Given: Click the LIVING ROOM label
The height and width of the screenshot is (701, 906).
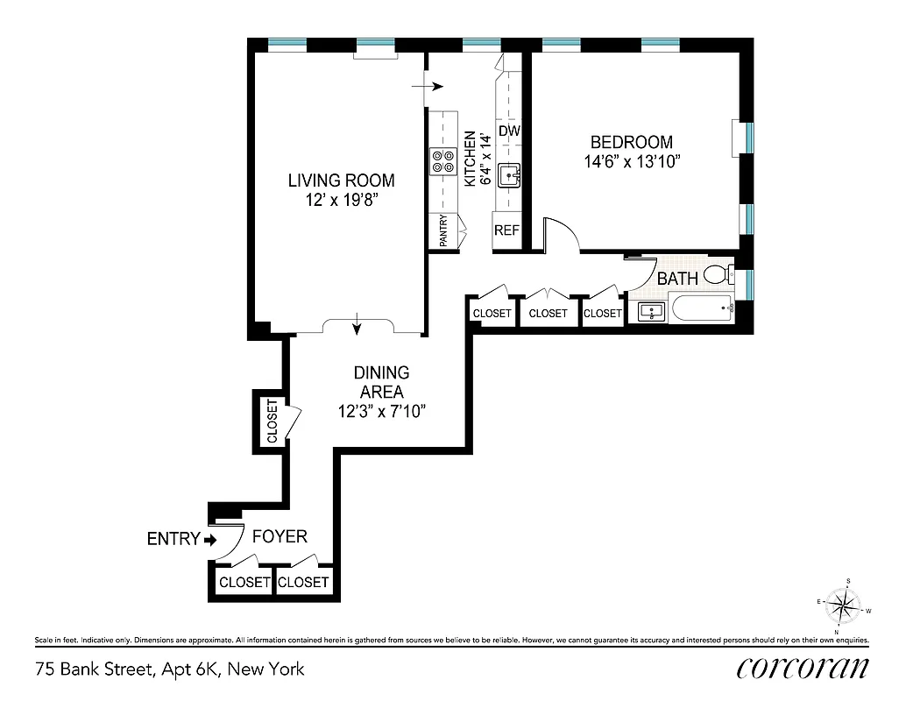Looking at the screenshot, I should coord(342,181).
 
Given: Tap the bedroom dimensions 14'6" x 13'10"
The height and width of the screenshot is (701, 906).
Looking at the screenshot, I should coord(632,161).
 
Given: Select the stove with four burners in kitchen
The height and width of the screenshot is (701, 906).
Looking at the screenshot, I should coord(443,160).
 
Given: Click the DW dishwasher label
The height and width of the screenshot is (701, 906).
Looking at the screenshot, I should coord(509,131).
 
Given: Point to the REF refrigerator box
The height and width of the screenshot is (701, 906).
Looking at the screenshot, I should coord(507,231).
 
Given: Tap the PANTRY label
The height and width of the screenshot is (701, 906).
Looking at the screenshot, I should coord(443,232).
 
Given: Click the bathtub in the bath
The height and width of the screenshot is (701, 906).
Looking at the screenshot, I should coord(701,309).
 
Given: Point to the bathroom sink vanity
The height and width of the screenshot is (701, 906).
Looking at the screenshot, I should coord(649,310).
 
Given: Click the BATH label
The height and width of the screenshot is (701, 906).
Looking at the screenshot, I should coord(678,279).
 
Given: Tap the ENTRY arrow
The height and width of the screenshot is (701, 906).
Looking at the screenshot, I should coord(209,539).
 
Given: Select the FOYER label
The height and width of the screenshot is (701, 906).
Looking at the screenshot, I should coord(280,536).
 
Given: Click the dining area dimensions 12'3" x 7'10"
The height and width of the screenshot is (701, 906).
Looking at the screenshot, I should coord(382,411).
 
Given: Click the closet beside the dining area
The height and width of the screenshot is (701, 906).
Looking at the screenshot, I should coord(271,421).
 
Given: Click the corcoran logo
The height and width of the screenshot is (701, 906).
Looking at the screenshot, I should coord(803,668).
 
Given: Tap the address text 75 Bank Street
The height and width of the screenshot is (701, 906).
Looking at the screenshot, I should coord(170,669).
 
